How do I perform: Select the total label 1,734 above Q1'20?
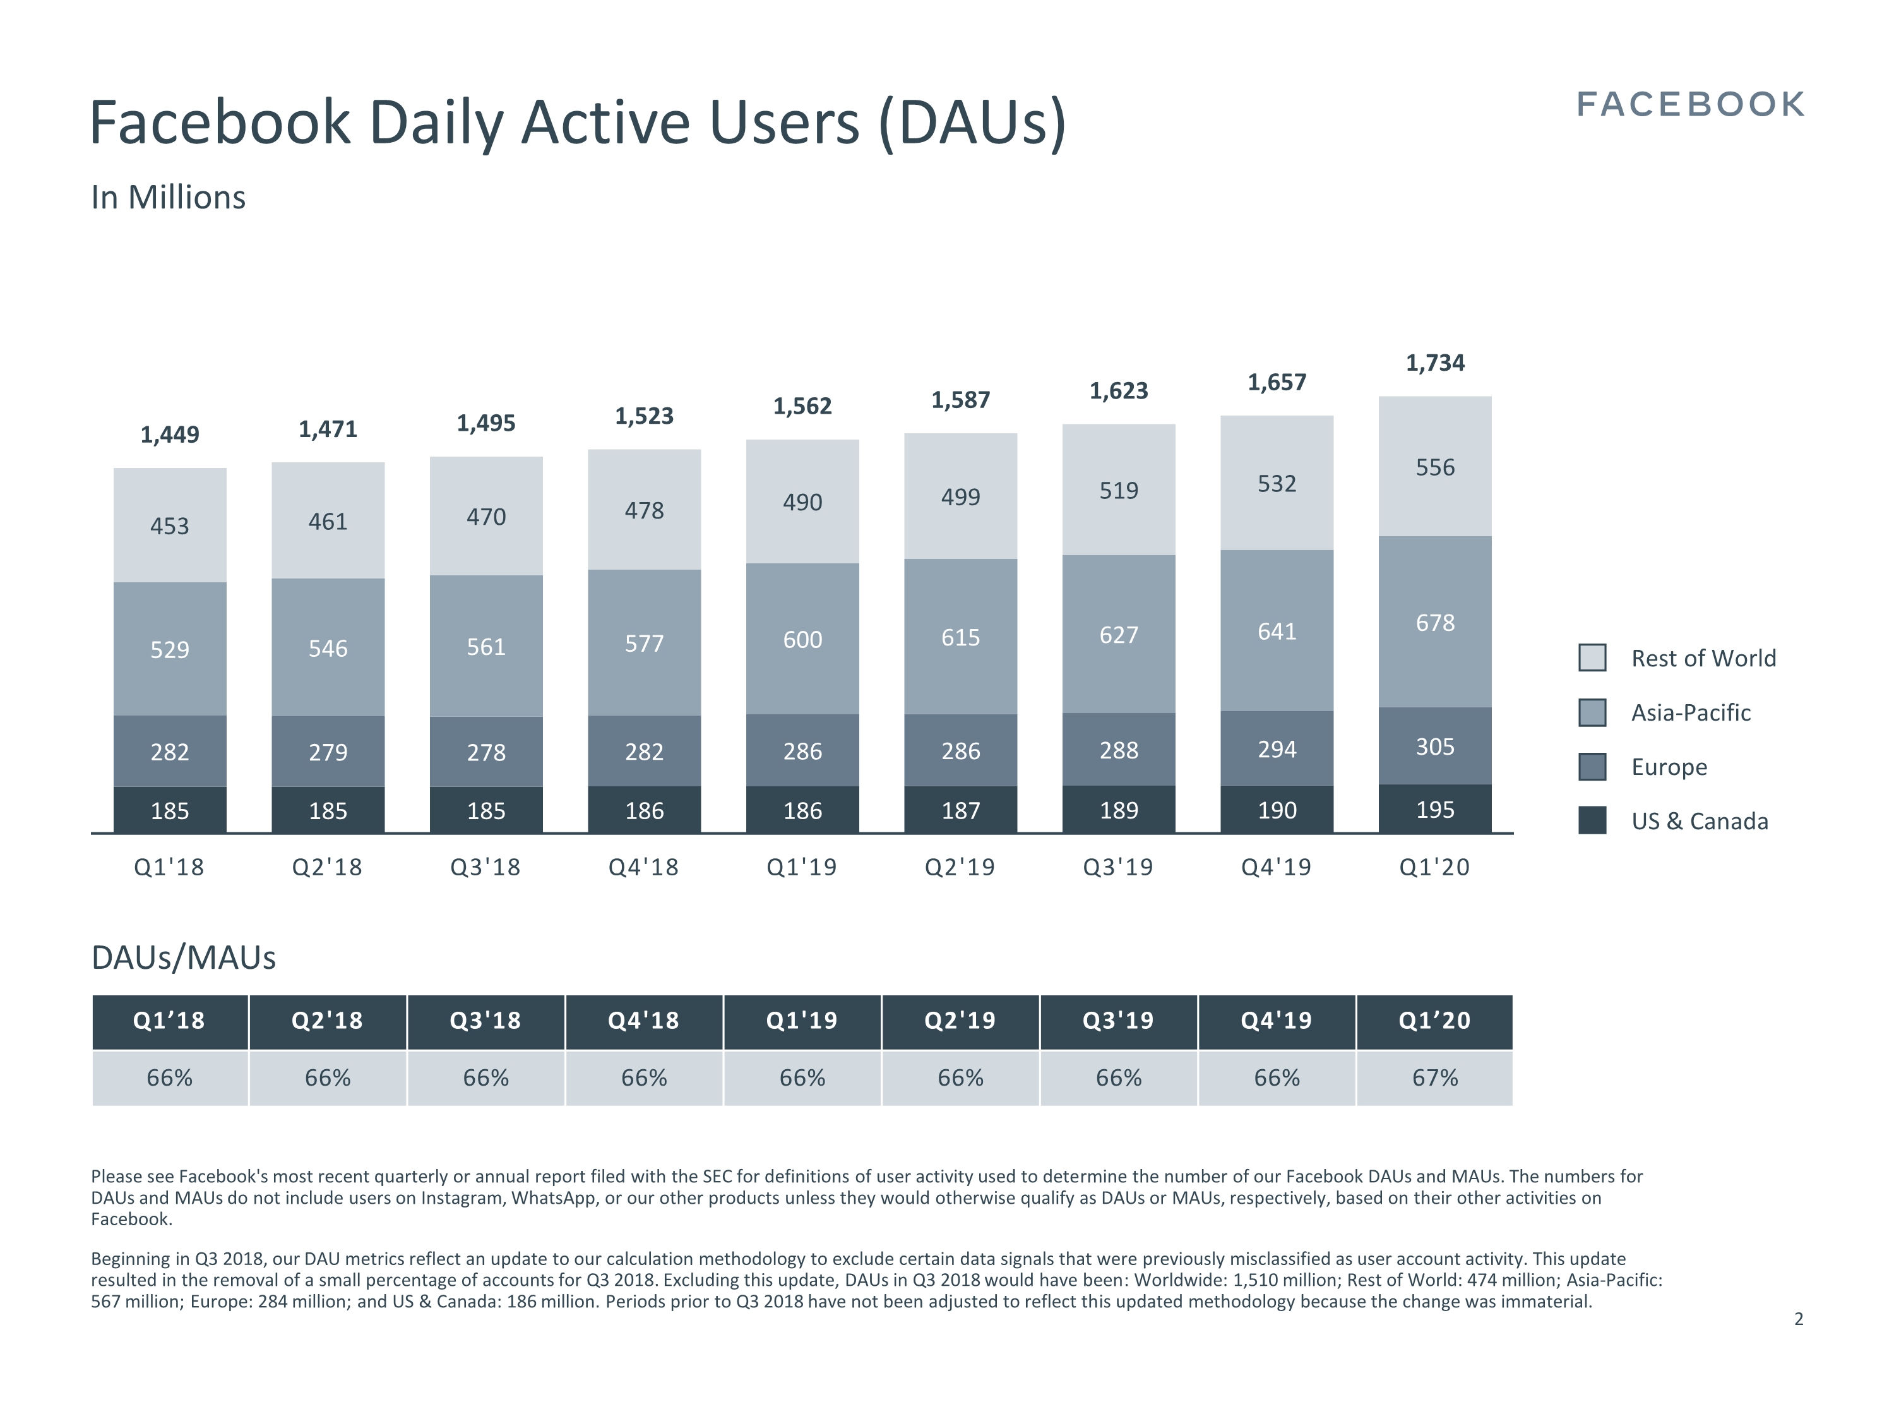click(x=1435, y=363)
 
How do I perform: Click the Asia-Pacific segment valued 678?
click(x=1435, y=622)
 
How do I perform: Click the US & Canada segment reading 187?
click(x=961, y=810)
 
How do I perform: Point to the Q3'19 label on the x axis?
click(x=1118, y=867)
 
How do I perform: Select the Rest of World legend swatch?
click(x=1592, y=658)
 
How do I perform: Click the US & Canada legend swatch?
click(x=1592, y=820)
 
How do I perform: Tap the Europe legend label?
click(x=1669, y=767)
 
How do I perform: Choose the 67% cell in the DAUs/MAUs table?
click(x=1435, y=1077)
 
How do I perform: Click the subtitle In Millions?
click(x=169, y=197)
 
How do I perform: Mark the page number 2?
click(x=1798, y=1319)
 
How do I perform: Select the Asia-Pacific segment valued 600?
click(x=802, y=639)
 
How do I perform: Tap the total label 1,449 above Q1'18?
click(x=170, y=435)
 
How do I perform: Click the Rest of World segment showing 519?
click(x=1118, y=490)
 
